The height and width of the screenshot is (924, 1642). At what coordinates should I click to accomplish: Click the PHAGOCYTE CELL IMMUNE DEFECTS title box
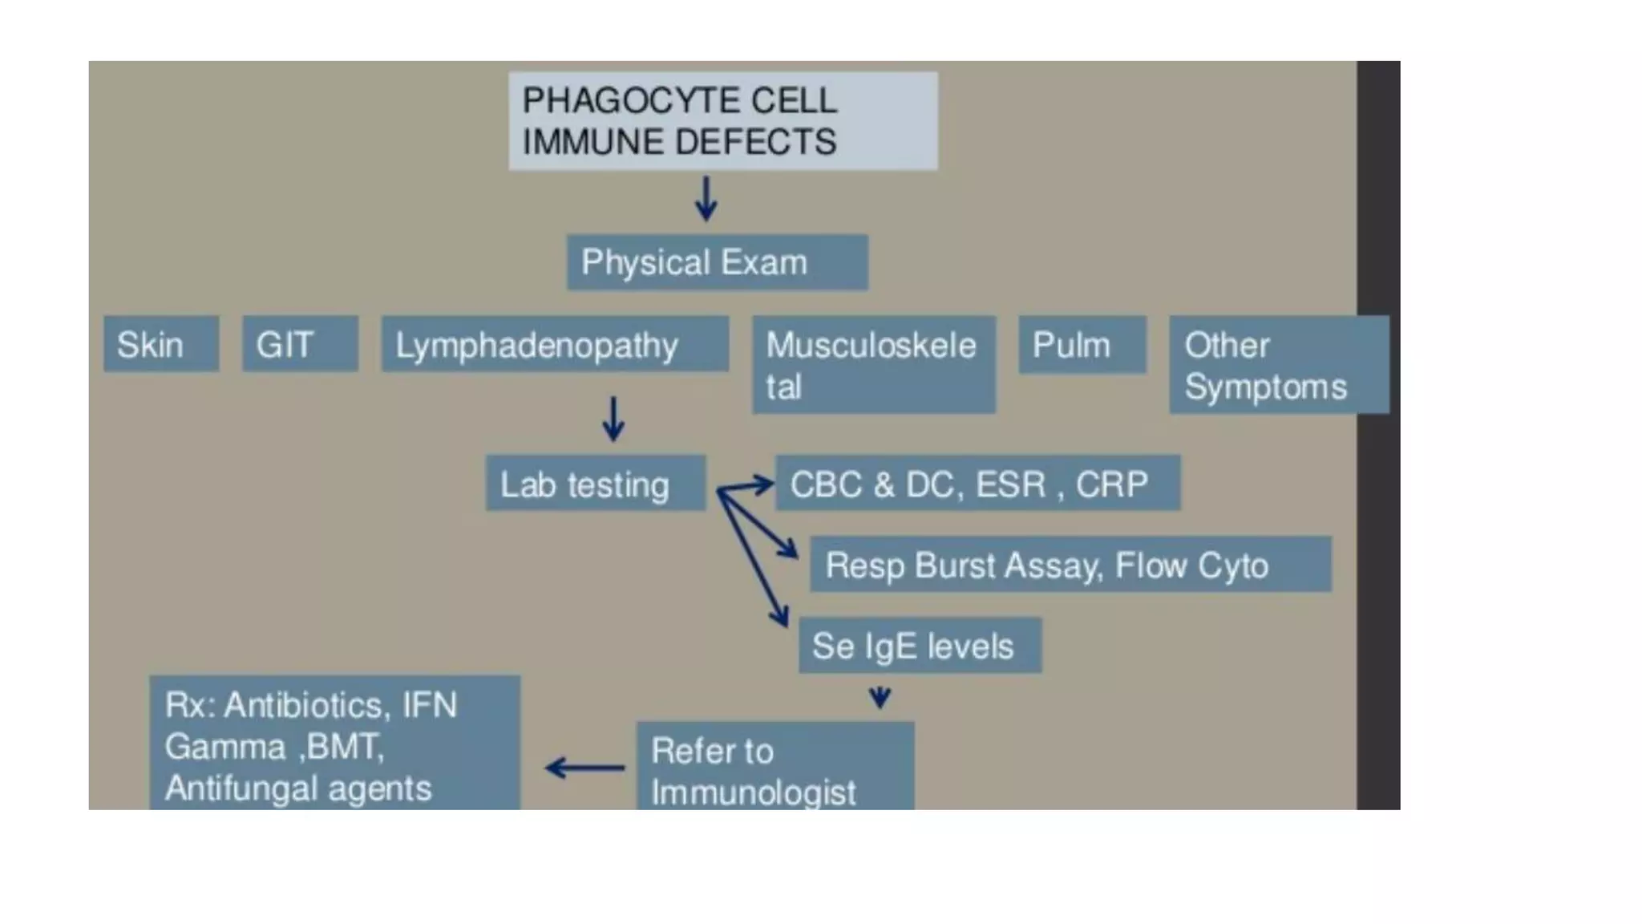(x=722, y=121)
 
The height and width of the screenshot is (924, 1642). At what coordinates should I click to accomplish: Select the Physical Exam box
(x=717, y=262)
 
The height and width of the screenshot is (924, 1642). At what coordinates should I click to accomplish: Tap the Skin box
(x=160, y=344)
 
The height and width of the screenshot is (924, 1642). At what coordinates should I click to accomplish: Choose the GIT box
(x=300, y=344)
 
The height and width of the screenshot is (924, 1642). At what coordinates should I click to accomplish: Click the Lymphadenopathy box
(x=555, y=344)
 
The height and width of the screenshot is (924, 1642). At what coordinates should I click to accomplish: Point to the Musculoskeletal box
(x=873, y=365)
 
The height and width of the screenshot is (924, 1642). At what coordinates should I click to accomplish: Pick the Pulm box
(x=1082, y=345)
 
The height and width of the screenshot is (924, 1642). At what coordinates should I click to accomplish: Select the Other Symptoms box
(x=1278, y=365)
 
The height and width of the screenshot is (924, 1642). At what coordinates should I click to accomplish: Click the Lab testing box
(x=595, y=484)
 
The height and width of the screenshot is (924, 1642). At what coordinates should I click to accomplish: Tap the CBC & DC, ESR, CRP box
(x=977, y=484)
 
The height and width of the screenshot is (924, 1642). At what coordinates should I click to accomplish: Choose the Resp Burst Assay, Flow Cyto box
(x=1070, y=565)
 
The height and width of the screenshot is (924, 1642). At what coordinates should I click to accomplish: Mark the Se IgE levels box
(x=920, y=646)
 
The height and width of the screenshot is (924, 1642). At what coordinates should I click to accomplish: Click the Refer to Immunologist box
(x=774, y=767)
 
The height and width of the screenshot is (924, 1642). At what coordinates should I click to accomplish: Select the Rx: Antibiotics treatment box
(x=334, y=744)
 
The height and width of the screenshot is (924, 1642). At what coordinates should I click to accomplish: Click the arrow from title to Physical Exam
(x=706, y=199)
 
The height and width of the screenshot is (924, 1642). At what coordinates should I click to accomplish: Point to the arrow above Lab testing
(x=613, y=419)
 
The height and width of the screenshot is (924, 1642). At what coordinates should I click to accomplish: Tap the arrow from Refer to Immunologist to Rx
(x=584, y=768)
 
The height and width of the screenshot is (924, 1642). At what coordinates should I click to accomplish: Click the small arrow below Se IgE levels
(x=880, y=697)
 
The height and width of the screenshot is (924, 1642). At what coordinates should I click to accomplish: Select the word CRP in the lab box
(x=1111, y=484)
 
